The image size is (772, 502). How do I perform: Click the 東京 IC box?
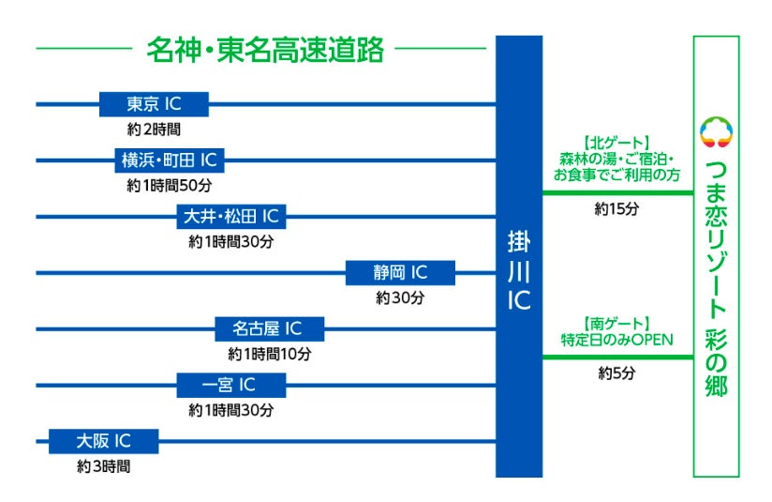[154, 104]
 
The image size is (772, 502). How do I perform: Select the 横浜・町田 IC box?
[169, 160]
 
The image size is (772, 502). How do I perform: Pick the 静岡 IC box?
[400, 273]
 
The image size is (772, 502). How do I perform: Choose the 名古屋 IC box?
[269, 329]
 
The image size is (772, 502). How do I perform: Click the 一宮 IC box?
[230, 385]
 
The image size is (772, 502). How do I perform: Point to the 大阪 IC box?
[103, 441]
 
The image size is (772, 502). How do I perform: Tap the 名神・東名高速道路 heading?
[265, 50]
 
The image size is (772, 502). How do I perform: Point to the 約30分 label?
[400, 298]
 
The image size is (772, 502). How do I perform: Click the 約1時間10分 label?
[269, 355]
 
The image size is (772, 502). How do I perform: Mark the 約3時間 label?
[103, 465]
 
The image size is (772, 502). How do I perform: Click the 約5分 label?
[616, 373]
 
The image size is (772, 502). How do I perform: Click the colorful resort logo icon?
[717, 131]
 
